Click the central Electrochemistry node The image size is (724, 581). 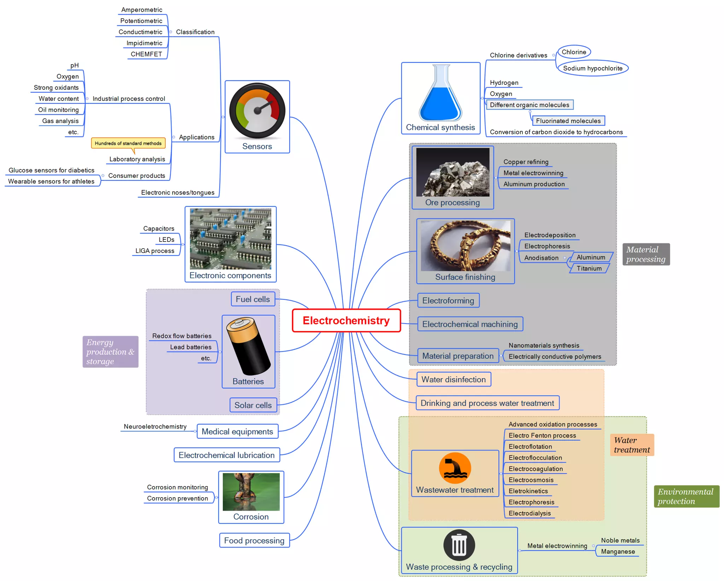(346, 320)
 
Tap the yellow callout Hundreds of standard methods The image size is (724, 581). (128, 143)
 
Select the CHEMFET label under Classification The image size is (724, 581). (146, 54)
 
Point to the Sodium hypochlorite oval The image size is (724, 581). (592, 68)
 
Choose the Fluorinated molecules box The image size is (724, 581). (568, 121)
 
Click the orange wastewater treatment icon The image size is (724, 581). (455, 468)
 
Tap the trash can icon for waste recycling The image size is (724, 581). (459, 545)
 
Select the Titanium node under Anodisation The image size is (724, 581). (589, 268)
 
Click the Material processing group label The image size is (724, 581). (646, 254)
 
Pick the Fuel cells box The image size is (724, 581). (253, 299)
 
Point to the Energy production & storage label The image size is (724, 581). (110, 351)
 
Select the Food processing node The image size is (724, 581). (254, 540)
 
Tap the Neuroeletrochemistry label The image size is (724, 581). (155, 426)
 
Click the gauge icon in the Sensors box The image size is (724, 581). (257, 111)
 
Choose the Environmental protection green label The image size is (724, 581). (686, 496)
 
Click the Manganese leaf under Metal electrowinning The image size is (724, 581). (618, 551)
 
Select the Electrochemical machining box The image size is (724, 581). (469, 324)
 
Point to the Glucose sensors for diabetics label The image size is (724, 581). (51, 170)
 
